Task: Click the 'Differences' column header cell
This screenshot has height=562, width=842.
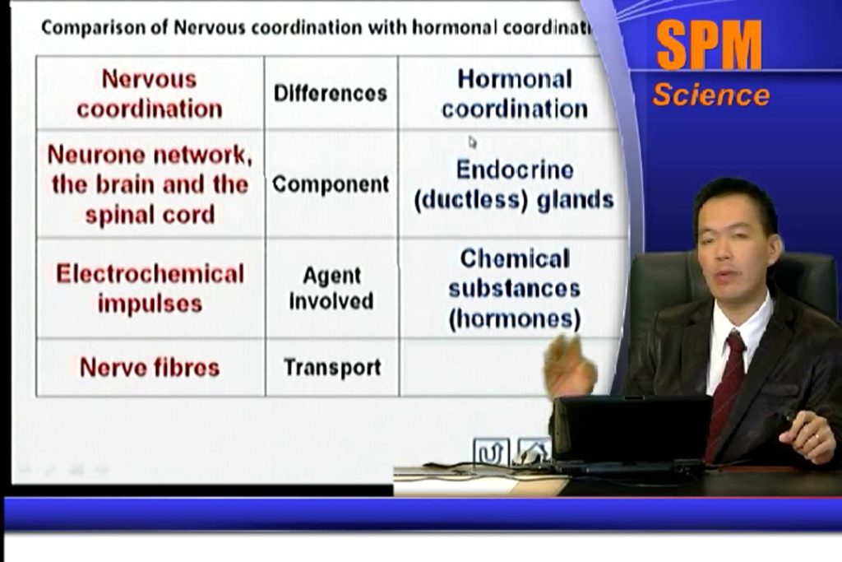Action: [331, 93]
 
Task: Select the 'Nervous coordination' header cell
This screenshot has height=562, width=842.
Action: [150, 93]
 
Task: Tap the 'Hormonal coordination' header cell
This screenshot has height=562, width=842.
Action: [513, 93]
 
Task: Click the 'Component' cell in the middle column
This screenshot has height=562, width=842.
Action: [331, 183]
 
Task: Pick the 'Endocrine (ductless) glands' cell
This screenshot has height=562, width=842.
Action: [513, 183]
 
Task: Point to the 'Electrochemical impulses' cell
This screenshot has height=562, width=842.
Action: [150, 288]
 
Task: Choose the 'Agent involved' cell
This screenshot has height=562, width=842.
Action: [331, 288]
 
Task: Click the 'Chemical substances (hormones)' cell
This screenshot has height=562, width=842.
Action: [514, 288]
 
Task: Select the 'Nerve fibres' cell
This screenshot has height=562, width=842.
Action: [150, 368]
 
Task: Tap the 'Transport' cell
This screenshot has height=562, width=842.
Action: [332, 368]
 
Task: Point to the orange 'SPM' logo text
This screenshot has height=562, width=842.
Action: [709, 46]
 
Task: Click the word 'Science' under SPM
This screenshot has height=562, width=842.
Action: [711, 95]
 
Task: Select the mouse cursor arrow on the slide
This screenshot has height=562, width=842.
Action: [472, 142]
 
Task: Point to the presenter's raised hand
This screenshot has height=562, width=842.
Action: [569, 365]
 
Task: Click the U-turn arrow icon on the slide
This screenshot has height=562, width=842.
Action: [492, 453]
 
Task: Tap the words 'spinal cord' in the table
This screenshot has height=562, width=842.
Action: [150, 215]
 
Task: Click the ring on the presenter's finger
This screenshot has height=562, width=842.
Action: [816, 438]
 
